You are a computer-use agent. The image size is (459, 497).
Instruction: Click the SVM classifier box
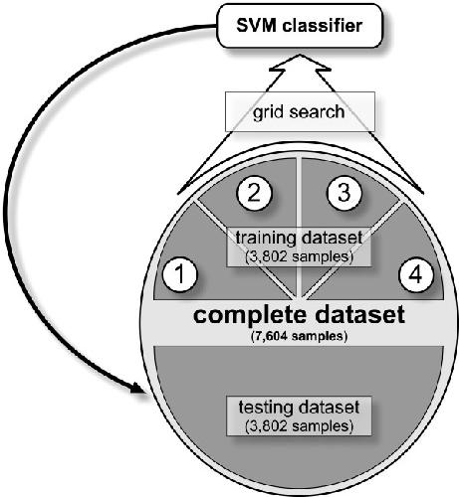(x=299, y=26)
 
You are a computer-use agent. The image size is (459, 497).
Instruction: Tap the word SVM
(x=256, y=26)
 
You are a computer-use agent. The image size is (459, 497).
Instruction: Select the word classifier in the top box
(x=322, y=26)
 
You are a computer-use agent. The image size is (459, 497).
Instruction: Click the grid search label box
(x=300, y=112)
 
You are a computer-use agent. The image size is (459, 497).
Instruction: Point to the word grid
(x=268, y=113)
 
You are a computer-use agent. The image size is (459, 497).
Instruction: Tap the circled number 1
(x=180, y=274)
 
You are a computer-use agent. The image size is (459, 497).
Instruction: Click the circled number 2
(x=254, y=193)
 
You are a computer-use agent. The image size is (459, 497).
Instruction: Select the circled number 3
(x=344, y=192)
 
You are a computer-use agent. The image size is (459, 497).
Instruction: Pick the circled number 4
(x=416, y=274)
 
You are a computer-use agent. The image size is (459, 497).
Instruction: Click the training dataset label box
(x=299, y=247)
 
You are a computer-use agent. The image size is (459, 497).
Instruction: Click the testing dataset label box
(x=299, y=415)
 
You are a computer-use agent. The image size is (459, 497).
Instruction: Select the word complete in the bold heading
(x=250, y=315)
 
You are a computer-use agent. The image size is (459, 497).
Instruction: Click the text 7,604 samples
(x=299, y=336)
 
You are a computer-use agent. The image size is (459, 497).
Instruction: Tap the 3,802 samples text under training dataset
(x=299, y=257)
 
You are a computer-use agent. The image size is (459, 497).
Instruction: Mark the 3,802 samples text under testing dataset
(x=299, y=426)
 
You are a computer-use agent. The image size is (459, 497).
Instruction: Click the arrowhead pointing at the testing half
(x=138, y=389)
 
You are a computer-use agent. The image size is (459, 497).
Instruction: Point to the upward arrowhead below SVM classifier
(x=301, y=63)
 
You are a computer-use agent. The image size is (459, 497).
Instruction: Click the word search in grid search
(x=317, y=111)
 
